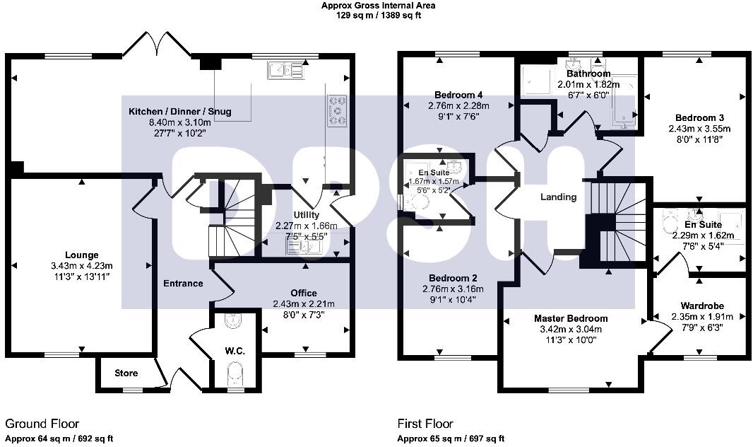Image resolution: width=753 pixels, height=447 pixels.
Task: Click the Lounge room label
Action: point(83,255)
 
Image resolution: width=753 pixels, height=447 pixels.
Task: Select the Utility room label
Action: point(307,215)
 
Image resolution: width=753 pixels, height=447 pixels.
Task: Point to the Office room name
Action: point(304,293)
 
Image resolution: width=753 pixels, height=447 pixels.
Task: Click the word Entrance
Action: point(184,284)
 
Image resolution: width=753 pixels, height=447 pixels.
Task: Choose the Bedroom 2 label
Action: point(457,278)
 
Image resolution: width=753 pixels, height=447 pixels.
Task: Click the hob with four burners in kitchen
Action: point(338,110)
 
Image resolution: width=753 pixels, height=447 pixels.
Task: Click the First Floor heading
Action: point(425,424)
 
